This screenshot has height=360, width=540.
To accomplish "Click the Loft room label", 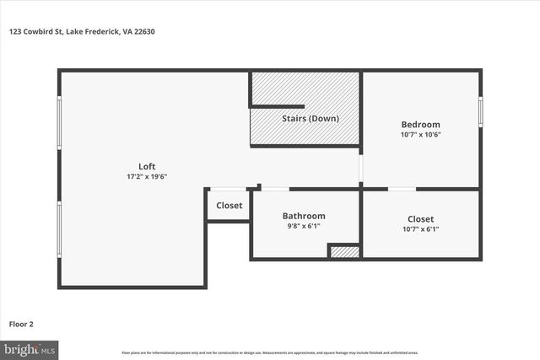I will tap(147, 166).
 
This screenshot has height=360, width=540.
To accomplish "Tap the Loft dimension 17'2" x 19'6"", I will tap(147, 176).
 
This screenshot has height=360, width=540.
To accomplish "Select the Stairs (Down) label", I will tap(310, 118).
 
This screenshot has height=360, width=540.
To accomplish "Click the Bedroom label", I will tap(420, 124).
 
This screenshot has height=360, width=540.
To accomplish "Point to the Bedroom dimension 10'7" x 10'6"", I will tap(420, 134).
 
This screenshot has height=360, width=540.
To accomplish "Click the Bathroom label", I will tap(304, 216).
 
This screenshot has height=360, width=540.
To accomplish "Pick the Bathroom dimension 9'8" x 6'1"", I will tap(304, 226).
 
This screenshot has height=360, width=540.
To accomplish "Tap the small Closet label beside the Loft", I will tap(229, 205).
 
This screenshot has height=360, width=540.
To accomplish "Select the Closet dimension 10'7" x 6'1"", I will tap(420, 228).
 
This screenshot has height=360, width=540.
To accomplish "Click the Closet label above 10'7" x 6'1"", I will tap(420, 218).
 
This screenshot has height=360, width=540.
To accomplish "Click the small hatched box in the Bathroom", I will tap(344, 251).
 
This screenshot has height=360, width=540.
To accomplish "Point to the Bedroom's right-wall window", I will tap(481, 112).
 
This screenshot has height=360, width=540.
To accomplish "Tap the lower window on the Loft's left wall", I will tap(59, 228).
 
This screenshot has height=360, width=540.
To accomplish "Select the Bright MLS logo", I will tap(30, 348).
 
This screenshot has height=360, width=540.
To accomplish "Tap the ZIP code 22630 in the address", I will tap(143, 32).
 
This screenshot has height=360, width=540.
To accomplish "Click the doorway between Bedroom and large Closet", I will tap(402, 189).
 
